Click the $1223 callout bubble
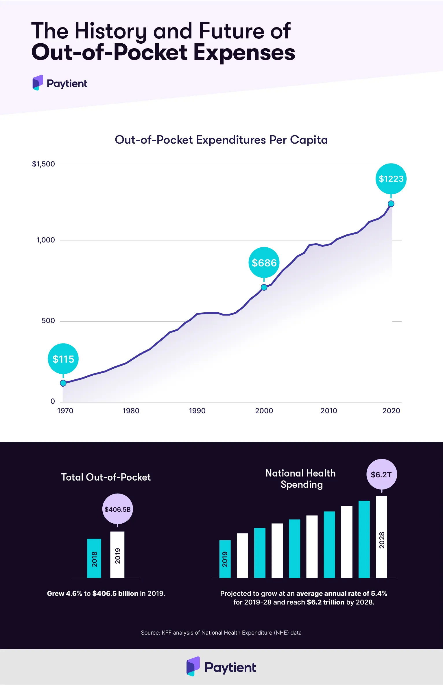point(391,179)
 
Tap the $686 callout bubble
point(264,263)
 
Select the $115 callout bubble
point(63,359)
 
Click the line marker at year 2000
point(264,287)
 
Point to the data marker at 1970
point(63,383)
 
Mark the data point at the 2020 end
point(391,204)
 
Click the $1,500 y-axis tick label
point(43,164)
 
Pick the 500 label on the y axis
point(48,321)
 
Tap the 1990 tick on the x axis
point(197,411)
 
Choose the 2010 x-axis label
point(329,411)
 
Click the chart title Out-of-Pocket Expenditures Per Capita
point(221,140)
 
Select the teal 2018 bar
point(94,558)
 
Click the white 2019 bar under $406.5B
point(117,555)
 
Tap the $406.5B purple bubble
point(117,509)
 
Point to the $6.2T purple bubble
point(381,474)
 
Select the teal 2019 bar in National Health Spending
point(225,559)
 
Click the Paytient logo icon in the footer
point(193,667)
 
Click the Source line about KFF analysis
point(221,633)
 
